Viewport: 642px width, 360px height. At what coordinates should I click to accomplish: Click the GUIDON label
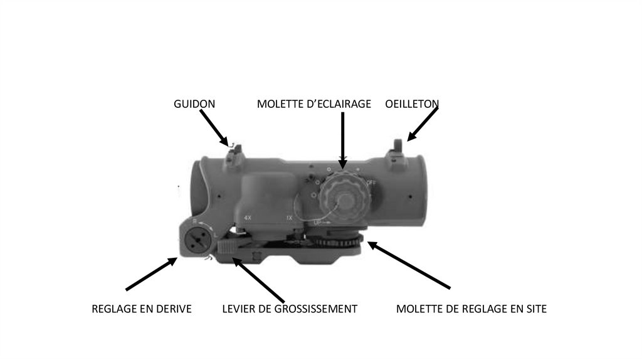tap(194, 104)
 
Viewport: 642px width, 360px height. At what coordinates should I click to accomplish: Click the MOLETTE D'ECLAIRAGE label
tap(314, 104)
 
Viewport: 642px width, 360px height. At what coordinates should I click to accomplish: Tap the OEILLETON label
tap(411, 104)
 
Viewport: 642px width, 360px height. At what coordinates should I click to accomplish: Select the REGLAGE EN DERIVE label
tap(142, 309)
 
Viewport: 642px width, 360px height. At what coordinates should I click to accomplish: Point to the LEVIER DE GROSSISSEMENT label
tap(290, 309)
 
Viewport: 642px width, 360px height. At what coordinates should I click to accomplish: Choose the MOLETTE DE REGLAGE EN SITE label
tap(471, 309)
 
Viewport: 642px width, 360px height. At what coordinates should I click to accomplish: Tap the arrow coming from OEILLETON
tap(423, 124)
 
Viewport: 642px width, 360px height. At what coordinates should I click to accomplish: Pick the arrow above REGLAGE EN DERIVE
tap(151, 273)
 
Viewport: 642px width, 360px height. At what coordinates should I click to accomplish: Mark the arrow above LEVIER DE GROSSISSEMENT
tap(260, 280)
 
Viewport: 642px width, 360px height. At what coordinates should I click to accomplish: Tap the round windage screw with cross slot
tap(197, 239)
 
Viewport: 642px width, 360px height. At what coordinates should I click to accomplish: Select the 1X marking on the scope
tap(289, 218)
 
